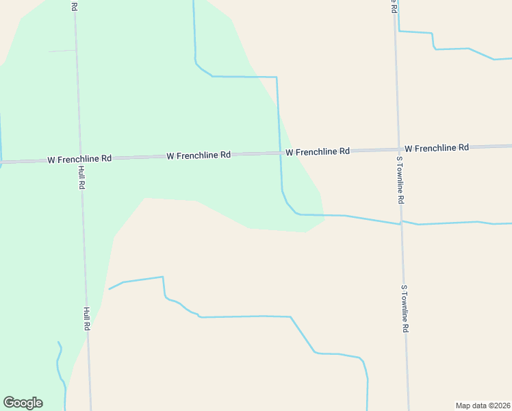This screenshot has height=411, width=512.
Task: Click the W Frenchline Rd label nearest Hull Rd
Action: tap(79, 159)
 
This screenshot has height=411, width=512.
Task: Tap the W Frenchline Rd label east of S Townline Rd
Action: tap(436, 148)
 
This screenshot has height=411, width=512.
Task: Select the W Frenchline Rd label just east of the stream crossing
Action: tap(318, 151)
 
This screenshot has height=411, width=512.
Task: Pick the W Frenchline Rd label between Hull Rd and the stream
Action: tap(198, 155)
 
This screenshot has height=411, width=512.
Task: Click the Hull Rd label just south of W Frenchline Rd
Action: tap(81, 177)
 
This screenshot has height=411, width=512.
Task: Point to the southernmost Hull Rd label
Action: tap(87, 319)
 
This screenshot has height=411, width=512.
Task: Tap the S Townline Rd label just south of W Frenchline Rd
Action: tap(400, 179)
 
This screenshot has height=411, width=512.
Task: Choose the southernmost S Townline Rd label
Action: tap(405, 309)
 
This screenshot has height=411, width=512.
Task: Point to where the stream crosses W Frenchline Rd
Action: tap(280, 153)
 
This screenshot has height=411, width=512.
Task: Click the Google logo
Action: tap(23, 403)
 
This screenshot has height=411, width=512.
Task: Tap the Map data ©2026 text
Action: tap(483, 406)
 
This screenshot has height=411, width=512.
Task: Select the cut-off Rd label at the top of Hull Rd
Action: tap(74, 5)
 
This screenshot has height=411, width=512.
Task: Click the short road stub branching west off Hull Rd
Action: tap(62, 51)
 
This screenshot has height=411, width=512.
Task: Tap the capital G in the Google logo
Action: tap(9, 402)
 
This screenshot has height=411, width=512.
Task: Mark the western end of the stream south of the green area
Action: tap(110, 289)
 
